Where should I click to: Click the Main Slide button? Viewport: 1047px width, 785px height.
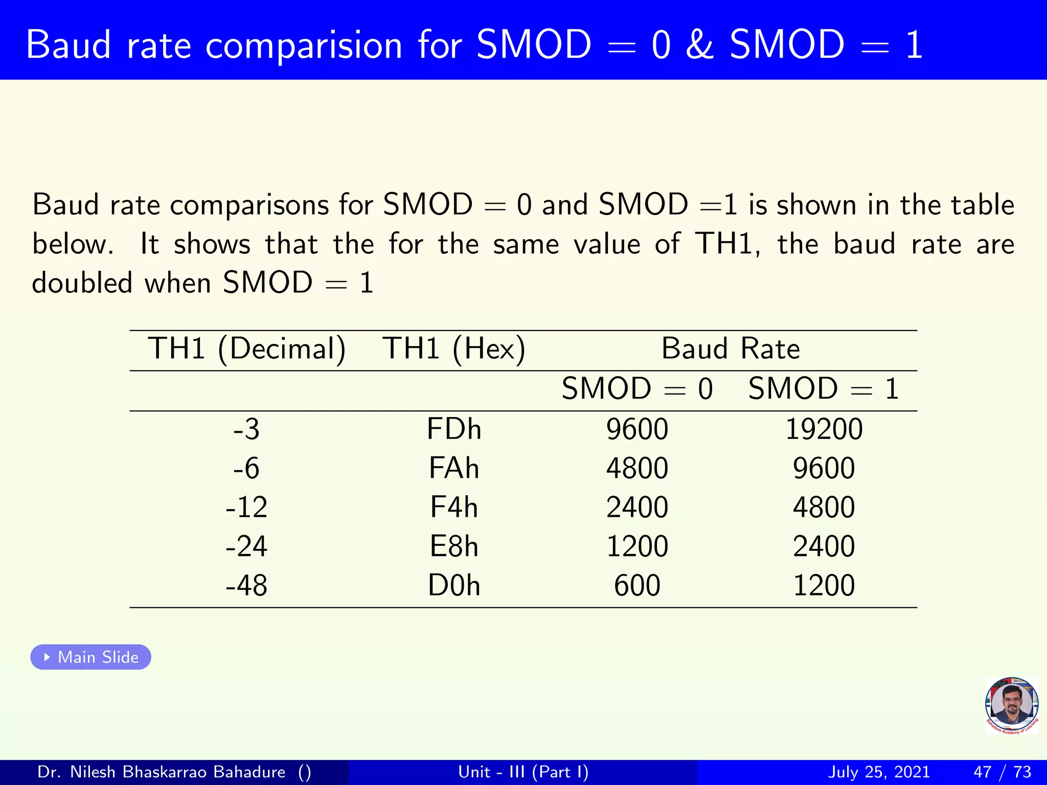(91, 657)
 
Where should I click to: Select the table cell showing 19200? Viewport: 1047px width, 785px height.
(824, 429)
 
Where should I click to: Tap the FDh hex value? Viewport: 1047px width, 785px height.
(454, 429)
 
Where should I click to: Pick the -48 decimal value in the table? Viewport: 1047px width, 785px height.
(246, 586)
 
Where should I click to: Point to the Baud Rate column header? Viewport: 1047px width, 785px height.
(730, 349)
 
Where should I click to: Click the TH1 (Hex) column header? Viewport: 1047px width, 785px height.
(454, 350)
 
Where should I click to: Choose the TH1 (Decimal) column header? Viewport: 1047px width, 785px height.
(246, 350)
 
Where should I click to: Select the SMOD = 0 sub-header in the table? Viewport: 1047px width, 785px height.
(637, 389)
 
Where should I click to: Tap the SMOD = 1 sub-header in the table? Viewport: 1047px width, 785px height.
(824, 389)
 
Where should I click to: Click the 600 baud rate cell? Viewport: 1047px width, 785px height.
(637, 586)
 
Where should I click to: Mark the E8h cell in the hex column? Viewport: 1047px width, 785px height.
(454, 546)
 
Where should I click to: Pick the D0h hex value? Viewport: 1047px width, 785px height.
(454, 586)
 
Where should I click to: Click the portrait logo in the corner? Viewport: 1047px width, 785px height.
(1012, 706)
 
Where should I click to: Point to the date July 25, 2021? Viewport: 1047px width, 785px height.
(878, 772)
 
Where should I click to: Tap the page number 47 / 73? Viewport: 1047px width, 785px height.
(1002, 772)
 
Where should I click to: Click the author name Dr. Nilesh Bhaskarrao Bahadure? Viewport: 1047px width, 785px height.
(161, 772)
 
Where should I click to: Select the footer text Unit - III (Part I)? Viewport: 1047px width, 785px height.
(523, 772)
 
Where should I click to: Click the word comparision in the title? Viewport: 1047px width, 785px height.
(304, 46)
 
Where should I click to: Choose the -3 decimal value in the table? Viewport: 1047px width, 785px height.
(246, 429)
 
